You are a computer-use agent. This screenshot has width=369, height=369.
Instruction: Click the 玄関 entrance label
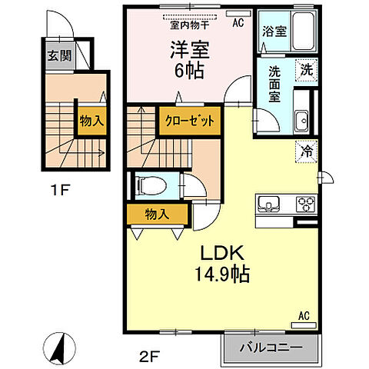[x=60, y=55]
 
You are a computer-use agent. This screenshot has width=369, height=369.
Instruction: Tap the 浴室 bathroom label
[x=274, y=32]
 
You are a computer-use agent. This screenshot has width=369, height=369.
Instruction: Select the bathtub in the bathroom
[x=304, y=32]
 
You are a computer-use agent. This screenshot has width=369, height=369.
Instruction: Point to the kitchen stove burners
[x=306, y=204]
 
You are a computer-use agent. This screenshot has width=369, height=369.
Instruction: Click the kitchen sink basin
[x=268, y=204]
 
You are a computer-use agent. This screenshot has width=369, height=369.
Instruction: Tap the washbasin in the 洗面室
[x=301, y=121]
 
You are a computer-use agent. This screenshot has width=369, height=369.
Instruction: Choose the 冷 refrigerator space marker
[x=307, y=151]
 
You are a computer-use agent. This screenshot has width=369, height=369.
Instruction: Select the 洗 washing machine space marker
[x=307, y=70]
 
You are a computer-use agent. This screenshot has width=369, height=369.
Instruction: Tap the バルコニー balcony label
[x=271, y=347]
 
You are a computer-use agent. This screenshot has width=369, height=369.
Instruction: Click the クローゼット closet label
[x=190, y=121]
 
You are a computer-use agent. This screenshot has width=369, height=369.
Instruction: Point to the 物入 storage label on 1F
[x=91, y=121]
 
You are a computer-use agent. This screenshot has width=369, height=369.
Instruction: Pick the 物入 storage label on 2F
[x=157, y=214]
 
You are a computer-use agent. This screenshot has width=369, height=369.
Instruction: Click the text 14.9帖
[x=222, y=274]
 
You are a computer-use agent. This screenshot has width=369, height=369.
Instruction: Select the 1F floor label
[x=60, y=190]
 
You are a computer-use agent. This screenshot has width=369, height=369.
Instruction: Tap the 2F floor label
[x=150, y=357]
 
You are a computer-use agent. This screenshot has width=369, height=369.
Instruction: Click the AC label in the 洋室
[x=238, y=23]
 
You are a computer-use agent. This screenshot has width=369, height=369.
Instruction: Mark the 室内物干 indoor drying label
[x=190, y=25]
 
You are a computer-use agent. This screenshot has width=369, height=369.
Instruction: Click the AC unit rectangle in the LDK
[x=304, y=325]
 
